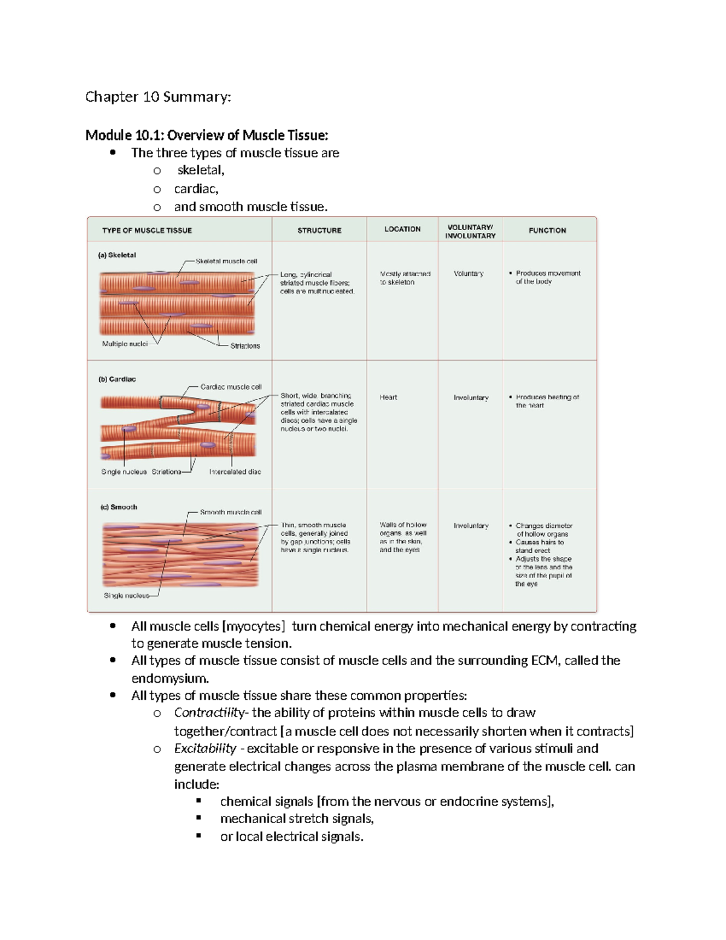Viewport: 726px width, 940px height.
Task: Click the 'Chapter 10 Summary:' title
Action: [158, 97]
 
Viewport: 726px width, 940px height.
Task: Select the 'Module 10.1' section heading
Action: [206, 135]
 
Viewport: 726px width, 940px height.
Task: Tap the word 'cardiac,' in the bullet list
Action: [196, 189]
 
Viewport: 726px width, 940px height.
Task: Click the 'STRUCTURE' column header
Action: [319, 231]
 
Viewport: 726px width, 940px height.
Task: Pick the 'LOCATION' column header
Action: [402, 229]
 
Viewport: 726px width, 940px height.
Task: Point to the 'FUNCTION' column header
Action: [547, 231]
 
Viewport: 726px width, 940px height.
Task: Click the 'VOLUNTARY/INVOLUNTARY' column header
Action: [470, 232]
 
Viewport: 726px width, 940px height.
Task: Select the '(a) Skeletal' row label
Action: [117, 255]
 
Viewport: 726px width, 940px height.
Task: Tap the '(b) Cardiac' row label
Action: [117, 380]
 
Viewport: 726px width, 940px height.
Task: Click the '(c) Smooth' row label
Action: [119, 507]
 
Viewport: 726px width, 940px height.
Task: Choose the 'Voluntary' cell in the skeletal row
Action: [468, 274]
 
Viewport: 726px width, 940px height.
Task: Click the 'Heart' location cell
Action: [388, 398]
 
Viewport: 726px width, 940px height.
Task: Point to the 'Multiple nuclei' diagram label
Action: [125, 344]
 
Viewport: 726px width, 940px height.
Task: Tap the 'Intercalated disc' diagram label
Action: [235, 472]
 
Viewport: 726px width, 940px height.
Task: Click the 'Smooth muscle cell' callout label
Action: [231, 512]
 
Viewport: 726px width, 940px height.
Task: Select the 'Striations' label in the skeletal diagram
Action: [245, 346]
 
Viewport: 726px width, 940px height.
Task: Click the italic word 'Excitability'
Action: [205, 749]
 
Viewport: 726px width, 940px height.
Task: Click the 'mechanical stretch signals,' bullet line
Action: [297, 819]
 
